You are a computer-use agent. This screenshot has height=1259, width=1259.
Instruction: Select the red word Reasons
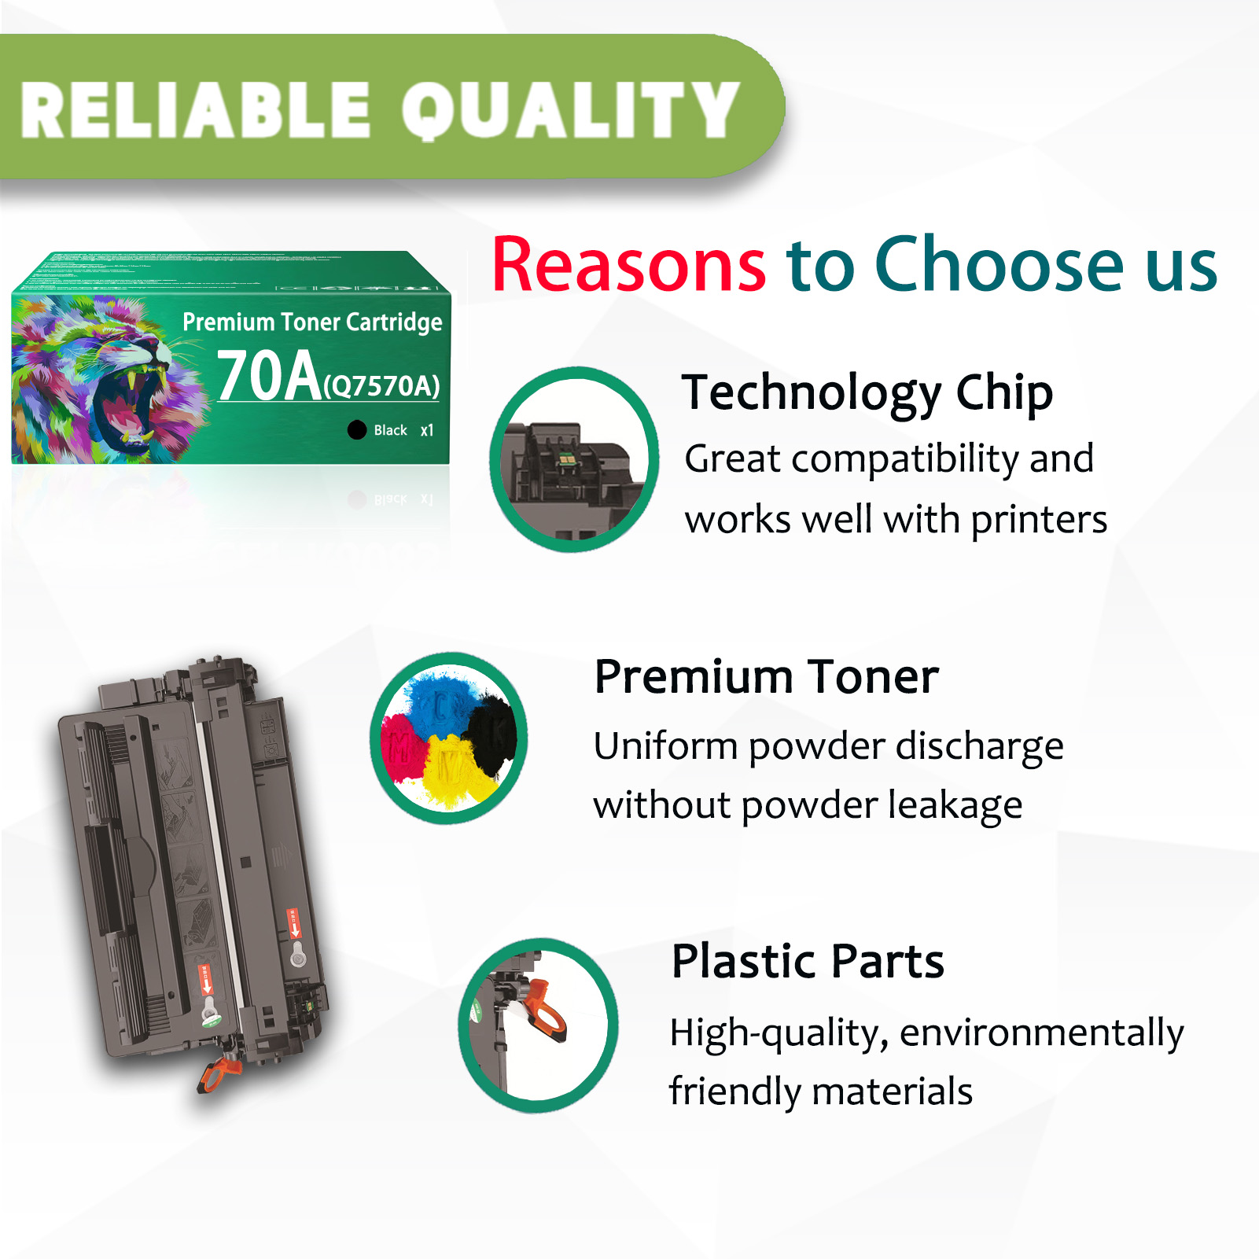pyautogui.click(x=628, y=265)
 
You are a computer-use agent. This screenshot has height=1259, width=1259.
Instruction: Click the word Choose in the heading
pyautogui.click(x=999, y=265)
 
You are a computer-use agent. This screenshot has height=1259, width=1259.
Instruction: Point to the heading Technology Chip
pyautogui.click(x=867, y=392)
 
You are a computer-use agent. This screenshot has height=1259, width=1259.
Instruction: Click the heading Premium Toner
pyautogui.click(x=766, y=677)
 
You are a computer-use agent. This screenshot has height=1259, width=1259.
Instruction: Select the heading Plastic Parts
pyautogui.click(x=807, y=961)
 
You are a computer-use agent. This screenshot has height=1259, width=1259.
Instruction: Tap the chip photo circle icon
pyautogui.click(x=574, y=459)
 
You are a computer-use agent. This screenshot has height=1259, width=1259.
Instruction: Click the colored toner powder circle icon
pyautogui.click(x=449, y=738)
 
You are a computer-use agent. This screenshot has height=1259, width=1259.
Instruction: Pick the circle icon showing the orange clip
pyautogui.click(x=539, y=1025)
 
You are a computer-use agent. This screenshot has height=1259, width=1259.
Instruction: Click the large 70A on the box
pyautogui.click(x=268, y=376)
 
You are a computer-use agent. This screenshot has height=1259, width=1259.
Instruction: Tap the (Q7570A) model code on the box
pyautogui.click(x=381, y=386)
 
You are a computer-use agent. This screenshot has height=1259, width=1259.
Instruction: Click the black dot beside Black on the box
pyautogui.click(x=357, y=429)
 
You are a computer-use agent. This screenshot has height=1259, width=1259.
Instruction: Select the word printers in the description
pyautogui.click(x=1038, y=520)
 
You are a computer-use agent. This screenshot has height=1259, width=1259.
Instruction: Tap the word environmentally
pyautogui.click(x=1041, y=1033)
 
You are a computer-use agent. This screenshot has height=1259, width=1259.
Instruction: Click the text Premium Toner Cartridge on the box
pyautogui.click(x=312, y=322)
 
